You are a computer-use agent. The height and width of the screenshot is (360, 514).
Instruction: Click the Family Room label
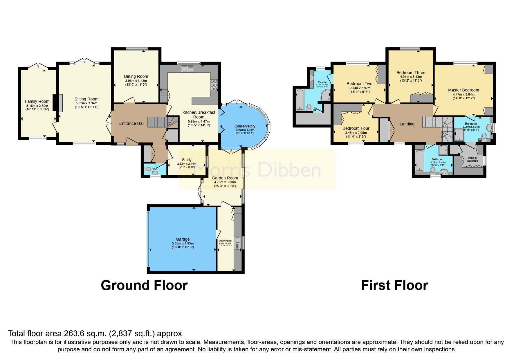tap(37, 101)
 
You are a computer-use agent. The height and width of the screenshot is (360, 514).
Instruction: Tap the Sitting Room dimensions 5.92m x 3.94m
tap(86, 103)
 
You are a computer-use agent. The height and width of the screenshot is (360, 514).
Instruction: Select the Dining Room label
tap(136, 76)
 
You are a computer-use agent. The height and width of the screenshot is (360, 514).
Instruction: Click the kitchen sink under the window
tap(187, 69)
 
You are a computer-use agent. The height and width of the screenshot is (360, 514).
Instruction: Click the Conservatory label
tap(245, 126)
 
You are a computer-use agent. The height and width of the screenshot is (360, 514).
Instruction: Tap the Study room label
tap(187, 160)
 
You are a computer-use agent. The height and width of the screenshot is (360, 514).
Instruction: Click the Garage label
tap(183, 239)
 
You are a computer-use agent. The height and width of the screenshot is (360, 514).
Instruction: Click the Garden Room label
tap(225, 178)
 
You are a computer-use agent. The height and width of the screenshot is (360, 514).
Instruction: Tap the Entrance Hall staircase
tap(157, 122)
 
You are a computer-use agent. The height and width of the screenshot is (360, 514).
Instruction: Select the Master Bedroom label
tap(463, 90)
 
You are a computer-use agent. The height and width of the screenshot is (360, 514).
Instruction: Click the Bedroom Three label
tap(411, 73)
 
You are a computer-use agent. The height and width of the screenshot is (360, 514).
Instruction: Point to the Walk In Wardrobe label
tap(472, 159)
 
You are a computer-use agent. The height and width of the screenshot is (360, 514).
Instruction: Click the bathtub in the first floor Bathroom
tap(419, 161)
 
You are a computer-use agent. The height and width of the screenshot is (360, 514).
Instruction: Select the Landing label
tap(407, 124)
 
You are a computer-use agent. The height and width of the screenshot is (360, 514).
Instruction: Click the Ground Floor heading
tap(144, 285)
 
